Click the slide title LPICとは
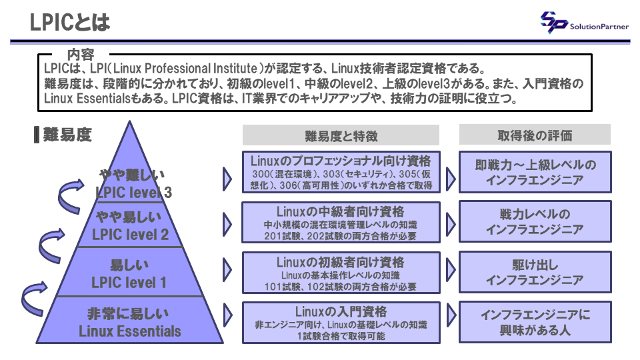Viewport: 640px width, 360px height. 70,23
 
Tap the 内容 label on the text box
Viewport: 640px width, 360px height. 81,54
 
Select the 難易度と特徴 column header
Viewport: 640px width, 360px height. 341,135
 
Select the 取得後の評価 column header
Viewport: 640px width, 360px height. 535,135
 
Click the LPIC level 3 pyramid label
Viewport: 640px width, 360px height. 133,192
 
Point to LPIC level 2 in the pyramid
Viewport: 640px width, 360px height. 130,234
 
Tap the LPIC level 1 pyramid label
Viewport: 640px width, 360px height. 129,282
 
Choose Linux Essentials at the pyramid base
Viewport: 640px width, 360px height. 130,331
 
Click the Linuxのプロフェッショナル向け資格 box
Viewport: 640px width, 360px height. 341,172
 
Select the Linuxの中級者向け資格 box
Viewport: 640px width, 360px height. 341,223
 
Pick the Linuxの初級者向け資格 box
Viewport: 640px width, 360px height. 341,273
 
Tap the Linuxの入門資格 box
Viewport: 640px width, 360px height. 341,323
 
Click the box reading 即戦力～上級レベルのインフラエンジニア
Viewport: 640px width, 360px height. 535,172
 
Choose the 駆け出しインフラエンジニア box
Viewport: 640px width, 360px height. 535,272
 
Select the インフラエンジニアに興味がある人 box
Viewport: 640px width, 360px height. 535,322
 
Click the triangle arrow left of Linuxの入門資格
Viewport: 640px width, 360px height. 227,315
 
